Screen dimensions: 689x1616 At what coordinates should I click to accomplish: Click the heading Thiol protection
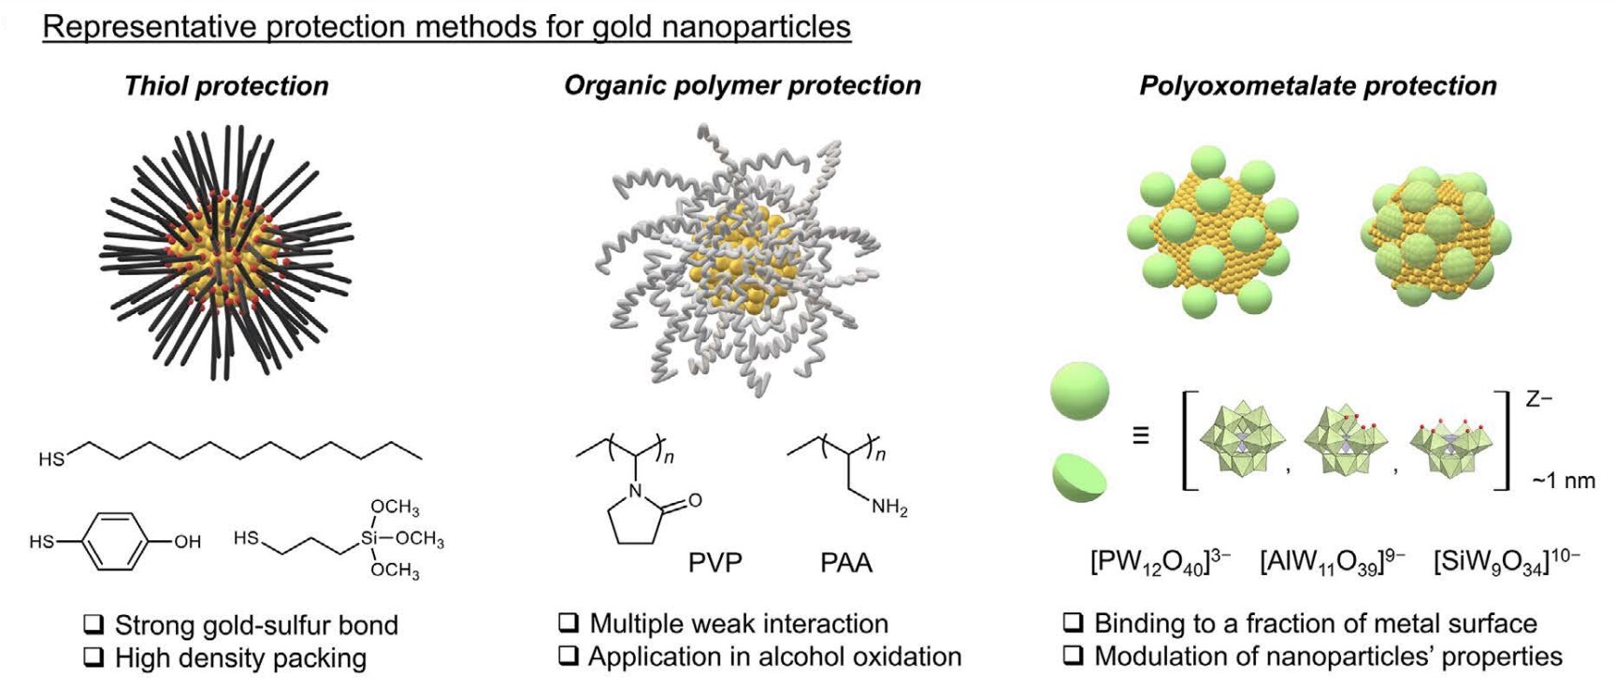(x=226, y=86)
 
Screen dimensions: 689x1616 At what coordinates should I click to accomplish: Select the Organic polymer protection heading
(x=742, y=85)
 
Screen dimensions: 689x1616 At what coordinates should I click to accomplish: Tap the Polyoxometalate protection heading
(x=1317, y=86)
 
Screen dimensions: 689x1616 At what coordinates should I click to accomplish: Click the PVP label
(x=714, y=563)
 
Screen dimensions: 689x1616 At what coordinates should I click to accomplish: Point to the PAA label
(x=845, y=563)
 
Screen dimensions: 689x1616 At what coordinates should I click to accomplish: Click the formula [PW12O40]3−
(x=1160, y=562)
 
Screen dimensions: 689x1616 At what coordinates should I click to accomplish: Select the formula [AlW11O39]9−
(x=1331, y=562)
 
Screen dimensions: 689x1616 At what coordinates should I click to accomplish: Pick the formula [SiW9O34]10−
(x=1506, y=562)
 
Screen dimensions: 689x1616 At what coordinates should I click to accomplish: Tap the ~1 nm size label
(x=1563, y=481)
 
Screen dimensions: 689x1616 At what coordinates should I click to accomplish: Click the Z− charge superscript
(x=1538, y=400)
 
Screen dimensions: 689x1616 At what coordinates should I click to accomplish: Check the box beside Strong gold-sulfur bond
(x=94, y=624)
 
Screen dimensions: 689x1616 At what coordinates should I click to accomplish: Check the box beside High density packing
(x=94, y=657)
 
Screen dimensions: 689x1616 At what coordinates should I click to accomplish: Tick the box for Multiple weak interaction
(x=568, y=623)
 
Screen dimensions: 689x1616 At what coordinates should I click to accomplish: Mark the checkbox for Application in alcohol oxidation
(x=568, y=655)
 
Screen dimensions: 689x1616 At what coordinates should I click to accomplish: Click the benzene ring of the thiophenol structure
(x=116, y=540)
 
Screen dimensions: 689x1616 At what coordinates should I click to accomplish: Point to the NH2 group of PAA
(x=888, y=508)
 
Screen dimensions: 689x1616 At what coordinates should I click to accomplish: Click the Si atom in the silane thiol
(x=369, y=538)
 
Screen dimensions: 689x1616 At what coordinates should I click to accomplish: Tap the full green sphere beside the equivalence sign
(x=1080, y=390)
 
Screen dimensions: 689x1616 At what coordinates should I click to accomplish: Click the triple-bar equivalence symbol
(x=1140, y=436)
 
